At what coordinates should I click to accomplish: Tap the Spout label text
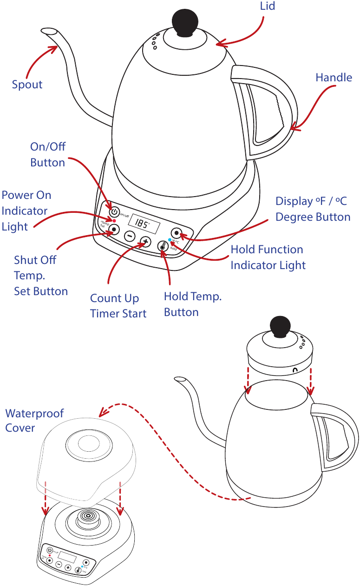click(x=27, y=85)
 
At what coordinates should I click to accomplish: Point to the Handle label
click(x=334, y=78)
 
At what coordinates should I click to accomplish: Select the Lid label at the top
click(x=267, y=6)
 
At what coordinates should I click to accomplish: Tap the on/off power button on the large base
click(x=114, y=212)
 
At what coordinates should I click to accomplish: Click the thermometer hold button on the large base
click(x=163, y=247)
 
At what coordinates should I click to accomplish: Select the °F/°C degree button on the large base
click(x=177, y=233)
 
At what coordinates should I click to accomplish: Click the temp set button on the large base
click(x=114, y=230)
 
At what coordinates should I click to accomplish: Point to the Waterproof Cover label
click(x=34, y=420)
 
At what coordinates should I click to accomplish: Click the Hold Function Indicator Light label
click(x=268, y=257)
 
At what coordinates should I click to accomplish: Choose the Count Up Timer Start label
click(x=118, y=306)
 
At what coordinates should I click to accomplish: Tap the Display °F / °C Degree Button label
click(x=313, y=209)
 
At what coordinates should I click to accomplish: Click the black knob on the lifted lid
click(x=280, y=326)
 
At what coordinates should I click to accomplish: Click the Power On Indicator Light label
click(x=26, y=211)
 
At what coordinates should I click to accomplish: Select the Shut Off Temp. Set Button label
click(x=41, y=275)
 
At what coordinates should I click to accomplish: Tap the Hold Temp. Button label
click(x=192, y=304)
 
